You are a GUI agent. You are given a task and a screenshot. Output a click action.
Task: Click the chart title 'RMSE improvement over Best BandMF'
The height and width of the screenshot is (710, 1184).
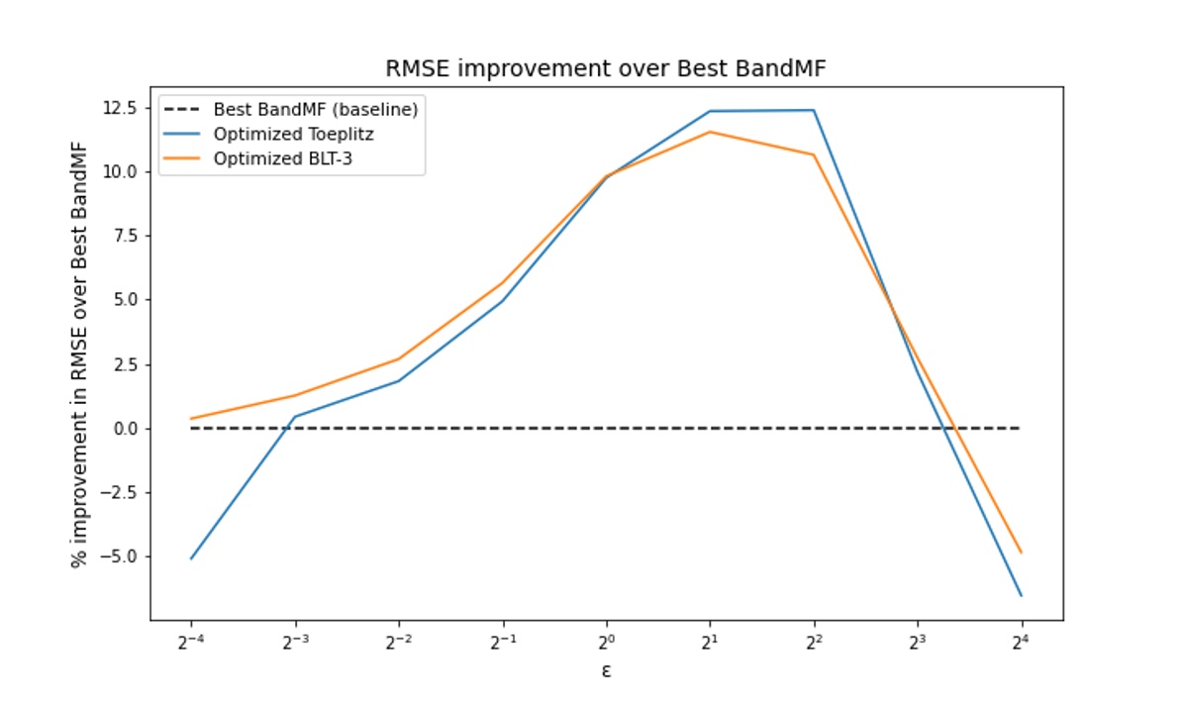pyautogui.click(x=606, y=69)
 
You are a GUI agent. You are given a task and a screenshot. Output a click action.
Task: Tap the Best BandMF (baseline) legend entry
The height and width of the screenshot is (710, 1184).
pyautogui.click(x=315, y=110)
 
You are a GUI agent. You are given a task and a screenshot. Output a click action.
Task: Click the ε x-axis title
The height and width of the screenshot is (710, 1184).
pyautogui.click(x=606, y=671)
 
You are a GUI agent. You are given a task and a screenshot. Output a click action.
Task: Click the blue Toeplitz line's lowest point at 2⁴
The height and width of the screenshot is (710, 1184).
pyautogui.click(x=1021, y=595)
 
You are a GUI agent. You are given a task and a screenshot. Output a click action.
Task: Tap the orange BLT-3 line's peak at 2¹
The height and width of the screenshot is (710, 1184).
pyautogui.click(x=710, y=132)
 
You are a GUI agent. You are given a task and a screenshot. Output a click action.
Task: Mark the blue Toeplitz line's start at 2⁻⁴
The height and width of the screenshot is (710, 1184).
pyautogui.click(x=191, y=558)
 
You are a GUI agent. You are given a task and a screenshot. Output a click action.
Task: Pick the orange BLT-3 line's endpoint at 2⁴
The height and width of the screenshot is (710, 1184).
pyautogui.click(x=1021, y=553)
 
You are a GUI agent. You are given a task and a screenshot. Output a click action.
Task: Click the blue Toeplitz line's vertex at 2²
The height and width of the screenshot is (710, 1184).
pyautogui.click(x=814, y=110)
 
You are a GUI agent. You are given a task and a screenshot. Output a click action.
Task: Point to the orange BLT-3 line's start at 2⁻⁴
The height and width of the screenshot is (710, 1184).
pyautogui.click(x=191, y=419)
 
